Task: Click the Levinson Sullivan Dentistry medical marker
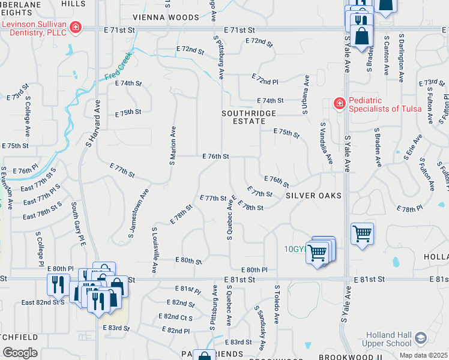pyautogui.click(x=75, y=27)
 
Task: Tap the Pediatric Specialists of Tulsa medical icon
pyautogui.click(x=340, y=104)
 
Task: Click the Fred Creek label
pyautogui.click(x=118, y=68)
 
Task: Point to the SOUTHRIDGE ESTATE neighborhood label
pyautogui.click(x=249, y=117)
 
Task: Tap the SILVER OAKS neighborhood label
pyautogui.click(x=313, y=196)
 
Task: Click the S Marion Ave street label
pyautogui.click(x=173, y=146)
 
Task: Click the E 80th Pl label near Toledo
pyautogui.click(x=254, y=271)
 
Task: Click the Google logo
pyautogui.click(x=19, y=352)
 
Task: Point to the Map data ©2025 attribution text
pyautogui.click(x=424, y=355)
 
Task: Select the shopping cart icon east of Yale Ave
pyautogui.click(x=363, y=233)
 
